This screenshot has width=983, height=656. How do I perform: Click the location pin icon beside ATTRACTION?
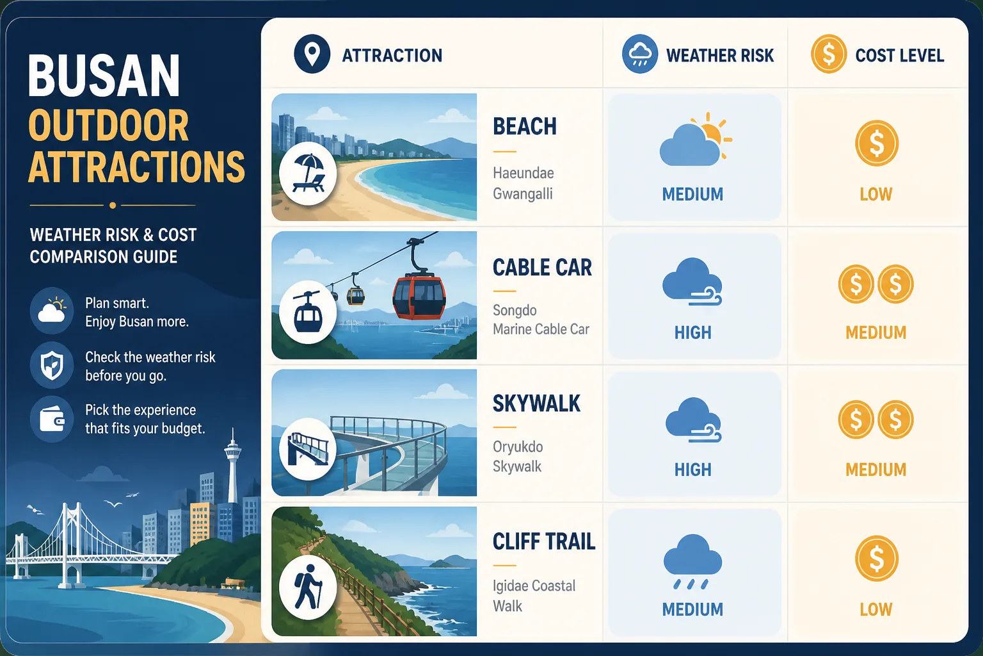coord(312,54)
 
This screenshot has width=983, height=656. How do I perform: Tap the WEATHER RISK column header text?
coord(720,56)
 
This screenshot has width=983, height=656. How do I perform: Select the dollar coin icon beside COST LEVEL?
coord(829,54)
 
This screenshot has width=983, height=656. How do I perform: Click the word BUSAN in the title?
coord(104,75)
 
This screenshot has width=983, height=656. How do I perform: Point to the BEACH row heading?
coord(525,127)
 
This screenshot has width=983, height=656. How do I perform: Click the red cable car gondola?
coord(419,295)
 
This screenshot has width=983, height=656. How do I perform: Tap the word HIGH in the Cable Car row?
coord(693,332)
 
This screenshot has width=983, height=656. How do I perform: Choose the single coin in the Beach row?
coord(876,143)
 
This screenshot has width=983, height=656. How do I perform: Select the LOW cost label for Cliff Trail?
coord(876,609)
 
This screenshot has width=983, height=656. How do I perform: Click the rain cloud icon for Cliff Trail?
coord(692,561)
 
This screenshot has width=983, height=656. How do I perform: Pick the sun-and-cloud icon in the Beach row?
coord(695,140)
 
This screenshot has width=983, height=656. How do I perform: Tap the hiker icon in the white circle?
coord(308,586)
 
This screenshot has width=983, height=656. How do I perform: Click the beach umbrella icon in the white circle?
coord(308,173)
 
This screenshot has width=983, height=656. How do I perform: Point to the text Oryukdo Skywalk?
coord(518,457)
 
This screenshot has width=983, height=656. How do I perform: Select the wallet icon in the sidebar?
coord(52,419)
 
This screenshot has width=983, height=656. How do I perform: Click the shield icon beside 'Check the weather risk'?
coord(52,365)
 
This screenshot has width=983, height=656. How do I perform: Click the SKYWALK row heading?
coord(536,404)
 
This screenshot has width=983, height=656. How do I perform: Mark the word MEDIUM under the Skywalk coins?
coord(876,470)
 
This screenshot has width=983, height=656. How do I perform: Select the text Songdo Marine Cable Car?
coord(541,320)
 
